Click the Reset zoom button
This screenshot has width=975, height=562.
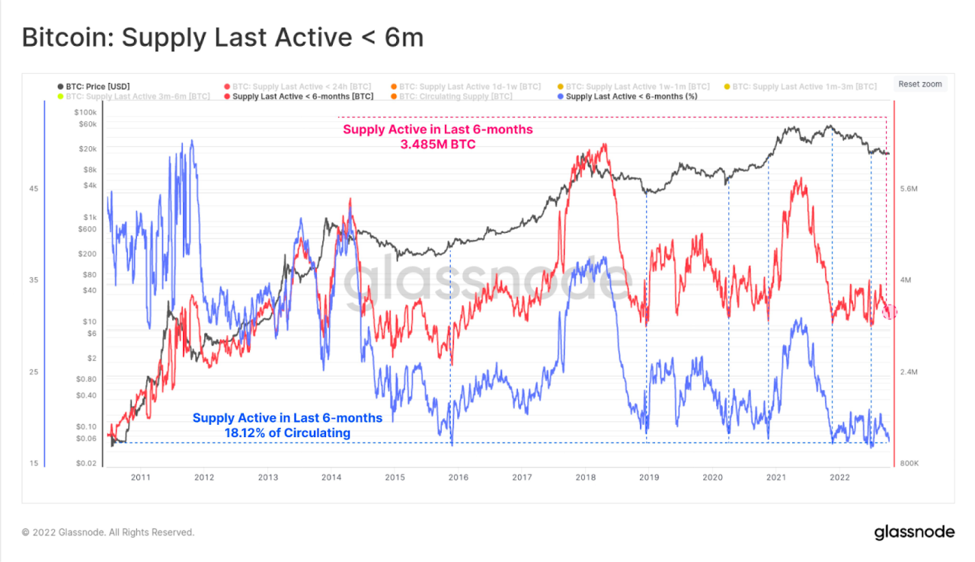[x=919, y=85]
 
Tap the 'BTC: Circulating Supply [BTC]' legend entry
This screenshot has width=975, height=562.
[x=456, y=97]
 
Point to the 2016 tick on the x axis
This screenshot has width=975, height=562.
[x=458, y=477]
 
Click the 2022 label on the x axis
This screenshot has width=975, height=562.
[x=839, y=477]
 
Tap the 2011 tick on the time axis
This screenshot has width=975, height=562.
[x=140, y=477]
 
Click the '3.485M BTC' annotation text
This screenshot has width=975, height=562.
[x=438, y=144]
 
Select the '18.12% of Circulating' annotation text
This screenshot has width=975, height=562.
[x=287, y=433]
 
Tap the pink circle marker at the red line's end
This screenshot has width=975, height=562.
[x=890, y=311]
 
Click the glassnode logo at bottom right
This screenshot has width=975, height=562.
[x=913, y=532]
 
